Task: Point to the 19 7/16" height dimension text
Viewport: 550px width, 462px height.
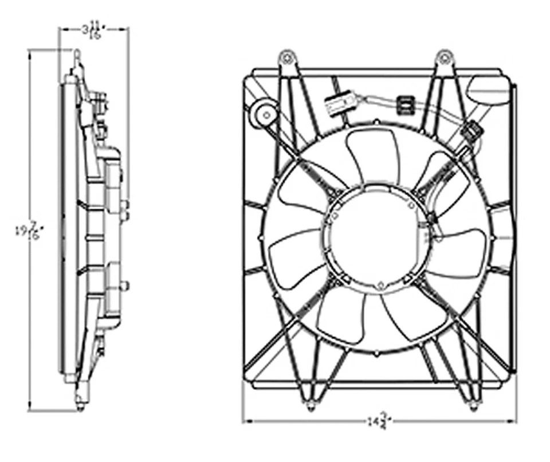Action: [x=29, y=232]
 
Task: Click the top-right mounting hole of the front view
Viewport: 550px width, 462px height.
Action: [x=444, y=57]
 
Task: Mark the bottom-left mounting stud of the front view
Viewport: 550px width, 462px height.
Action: [x=311, y=406]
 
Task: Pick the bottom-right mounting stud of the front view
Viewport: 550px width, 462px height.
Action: [x=473, y=406]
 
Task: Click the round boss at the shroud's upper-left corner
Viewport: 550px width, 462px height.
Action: [x=265, y=111]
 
